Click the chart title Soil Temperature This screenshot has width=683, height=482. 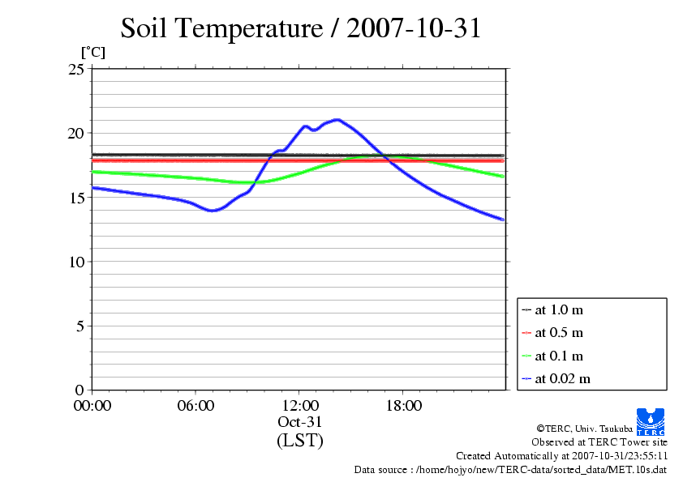pyautogui.click(x=301, y=28)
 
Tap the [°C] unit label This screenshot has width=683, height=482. pyautogui.click(x=92, y=53)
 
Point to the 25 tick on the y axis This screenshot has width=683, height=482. pyautogui.click(x=75, y=69)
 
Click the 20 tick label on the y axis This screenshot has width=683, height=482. pyautogui.click(x=75, y=133)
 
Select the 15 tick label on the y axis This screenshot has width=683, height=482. pyautogui.click(x=75, y=198)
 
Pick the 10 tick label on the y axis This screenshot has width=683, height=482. pyautogui.click(x=75, y=262)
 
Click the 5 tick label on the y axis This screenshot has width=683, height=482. pyautogui.click(x=79, y=326)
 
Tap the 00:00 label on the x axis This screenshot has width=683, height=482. pyautogui.click(x=92, y=406)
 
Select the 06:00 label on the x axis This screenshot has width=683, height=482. pyautogui.click(x=195, y=406)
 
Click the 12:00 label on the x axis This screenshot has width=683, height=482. pyautogui.click(x=299, y=406)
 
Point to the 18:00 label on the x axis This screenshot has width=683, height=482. pyautogui.click(x=403, y=406)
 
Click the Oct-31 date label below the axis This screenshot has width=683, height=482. pyautogui.click(x=299, y=422)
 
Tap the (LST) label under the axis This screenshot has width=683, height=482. pyautogui.click(x=299, y=441)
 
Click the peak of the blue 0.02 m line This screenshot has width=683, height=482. pyautogui.click(x=337, y=120)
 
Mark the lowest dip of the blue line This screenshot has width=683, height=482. pyautogui.click(x=213, y=211)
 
